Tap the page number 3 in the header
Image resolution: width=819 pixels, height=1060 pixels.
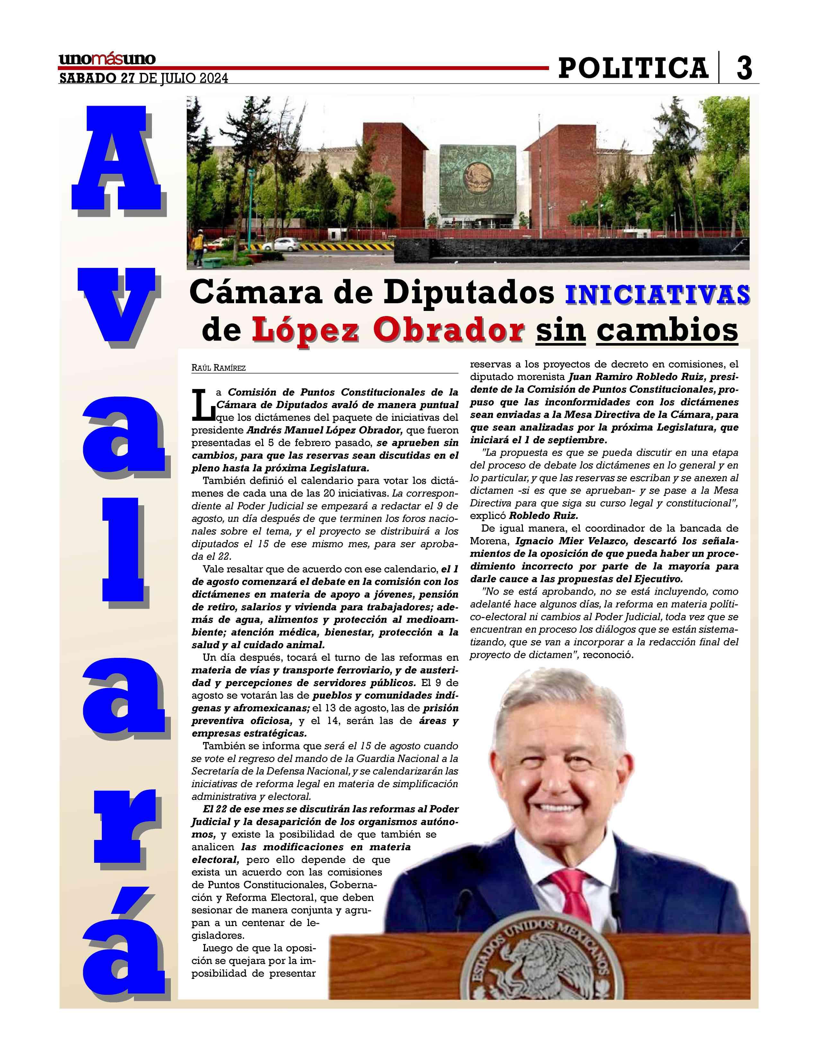[744, 68]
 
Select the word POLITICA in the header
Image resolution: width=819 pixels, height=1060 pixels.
[633, 68]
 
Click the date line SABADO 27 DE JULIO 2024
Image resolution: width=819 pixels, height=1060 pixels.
[143, 78]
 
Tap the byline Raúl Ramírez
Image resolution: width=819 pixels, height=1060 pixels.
[218, 368]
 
